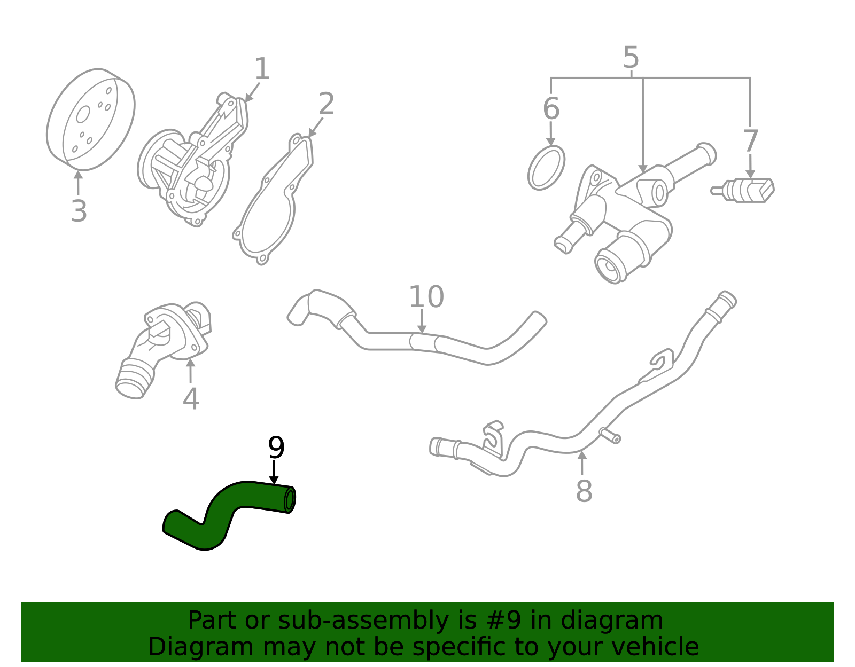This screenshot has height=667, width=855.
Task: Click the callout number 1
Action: [261, 70]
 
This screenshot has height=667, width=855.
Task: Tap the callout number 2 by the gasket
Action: [326, 104]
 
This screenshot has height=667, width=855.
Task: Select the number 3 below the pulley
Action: [79, 211]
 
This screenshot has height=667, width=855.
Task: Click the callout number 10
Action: [426, 297]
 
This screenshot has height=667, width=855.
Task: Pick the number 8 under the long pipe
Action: [584, 491]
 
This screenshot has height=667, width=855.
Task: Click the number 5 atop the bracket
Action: [631, 57]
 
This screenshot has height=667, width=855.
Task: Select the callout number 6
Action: [550, 108]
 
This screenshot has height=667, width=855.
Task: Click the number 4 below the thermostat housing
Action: [191, 399]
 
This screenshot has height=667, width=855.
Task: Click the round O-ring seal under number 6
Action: [546, 168]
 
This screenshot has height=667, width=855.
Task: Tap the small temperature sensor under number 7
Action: [745, 190]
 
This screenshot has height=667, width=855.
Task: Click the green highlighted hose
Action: [224, 507]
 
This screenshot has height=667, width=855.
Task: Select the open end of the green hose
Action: [290, 500]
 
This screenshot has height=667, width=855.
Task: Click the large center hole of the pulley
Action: [83, 114]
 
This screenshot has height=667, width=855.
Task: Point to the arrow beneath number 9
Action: [274, 473]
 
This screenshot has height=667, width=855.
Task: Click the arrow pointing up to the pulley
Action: [79, 182]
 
